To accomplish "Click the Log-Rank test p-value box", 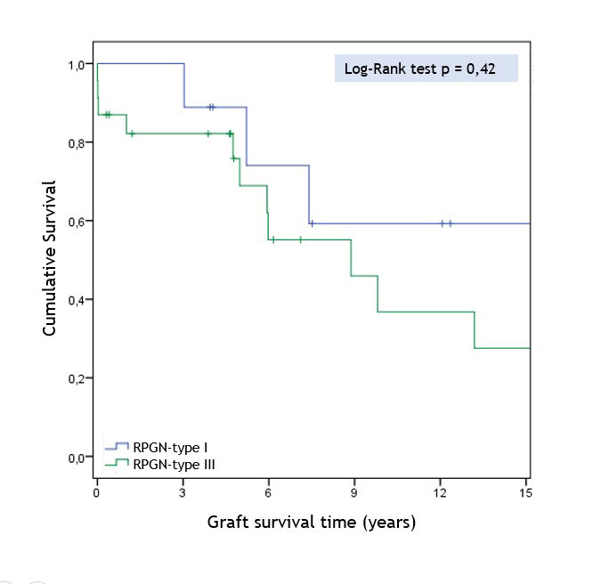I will pos(426,69).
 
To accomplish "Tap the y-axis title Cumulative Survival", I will pos(50,258).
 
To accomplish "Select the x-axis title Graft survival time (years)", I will pos(311,522).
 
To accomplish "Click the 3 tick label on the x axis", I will pos(183,492).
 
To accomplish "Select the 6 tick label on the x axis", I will pos(268,492).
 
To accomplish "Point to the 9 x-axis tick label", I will pos(353,492).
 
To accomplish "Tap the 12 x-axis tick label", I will pos(439,492).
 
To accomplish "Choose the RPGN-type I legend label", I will pos(170,446).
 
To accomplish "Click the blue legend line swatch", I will pos(117,446).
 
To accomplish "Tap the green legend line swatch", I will pos(117,463).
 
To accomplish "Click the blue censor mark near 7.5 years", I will pos(312,223).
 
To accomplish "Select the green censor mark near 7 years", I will pos(300,239).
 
